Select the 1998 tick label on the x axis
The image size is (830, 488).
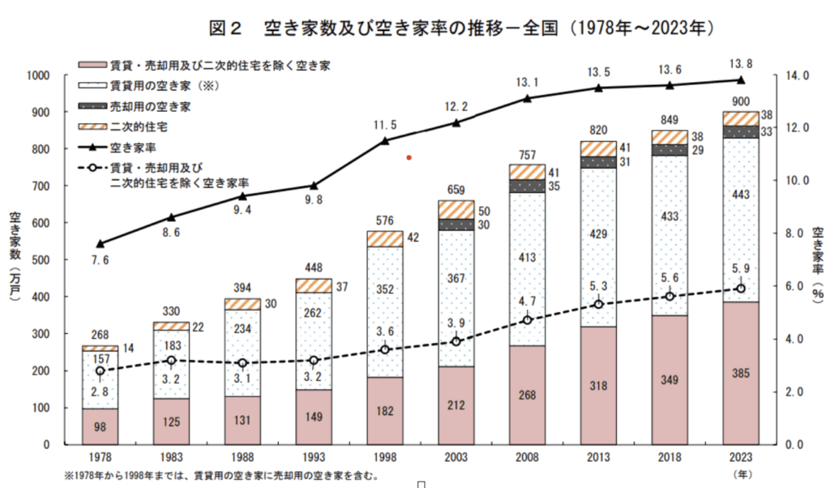coord(385,458)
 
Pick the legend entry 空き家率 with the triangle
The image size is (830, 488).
coord(132,148)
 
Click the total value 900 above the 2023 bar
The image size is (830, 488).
coord(740,101)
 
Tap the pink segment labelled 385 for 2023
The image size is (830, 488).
coord(740,375)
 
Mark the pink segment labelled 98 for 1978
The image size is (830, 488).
coord(101,426)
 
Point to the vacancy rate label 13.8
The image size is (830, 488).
coord(740,62)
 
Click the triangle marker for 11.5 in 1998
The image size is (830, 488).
coord(385,140)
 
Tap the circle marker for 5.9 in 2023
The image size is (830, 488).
coord(740,289)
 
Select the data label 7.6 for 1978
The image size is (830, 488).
coord(100,260)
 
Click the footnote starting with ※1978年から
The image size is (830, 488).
coord(219,475)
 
